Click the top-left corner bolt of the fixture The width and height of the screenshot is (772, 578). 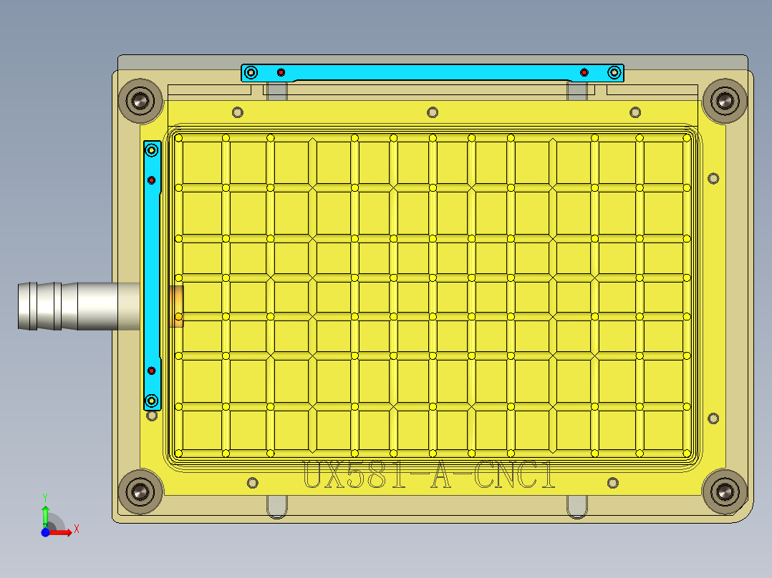(x=141, y=101)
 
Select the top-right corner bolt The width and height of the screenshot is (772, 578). (x=725, y=101)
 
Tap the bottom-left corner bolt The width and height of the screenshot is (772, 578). (x=140, y=491)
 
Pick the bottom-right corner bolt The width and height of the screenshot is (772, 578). (x=725, y=491)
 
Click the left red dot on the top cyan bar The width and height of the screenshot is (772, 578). (x=281, y=72)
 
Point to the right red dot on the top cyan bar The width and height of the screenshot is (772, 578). (x=584, y=72)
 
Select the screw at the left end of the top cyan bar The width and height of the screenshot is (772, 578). (x=251, y=72)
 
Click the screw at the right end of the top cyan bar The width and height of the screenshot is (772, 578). (x=614, y=72)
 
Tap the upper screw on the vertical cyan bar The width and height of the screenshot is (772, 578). (x=152, y=150)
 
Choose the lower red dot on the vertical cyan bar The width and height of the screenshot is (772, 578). (x=152, y=371)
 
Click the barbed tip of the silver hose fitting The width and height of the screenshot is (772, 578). (x=29, y=306)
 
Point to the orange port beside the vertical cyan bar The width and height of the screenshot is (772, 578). (x=176, y=306)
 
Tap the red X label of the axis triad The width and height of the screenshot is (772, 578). (x=76, y=529)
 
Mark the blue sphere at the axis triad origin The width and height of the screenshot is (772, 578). (x=45, y=532)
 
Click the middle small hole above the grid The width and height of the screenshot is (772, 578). (x=432, y=112)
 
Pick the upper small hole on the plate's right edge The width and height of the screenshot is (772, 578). (x=713, y=178)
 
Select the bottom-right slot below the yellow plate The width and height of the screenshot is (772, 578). (x=578, y=506)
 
